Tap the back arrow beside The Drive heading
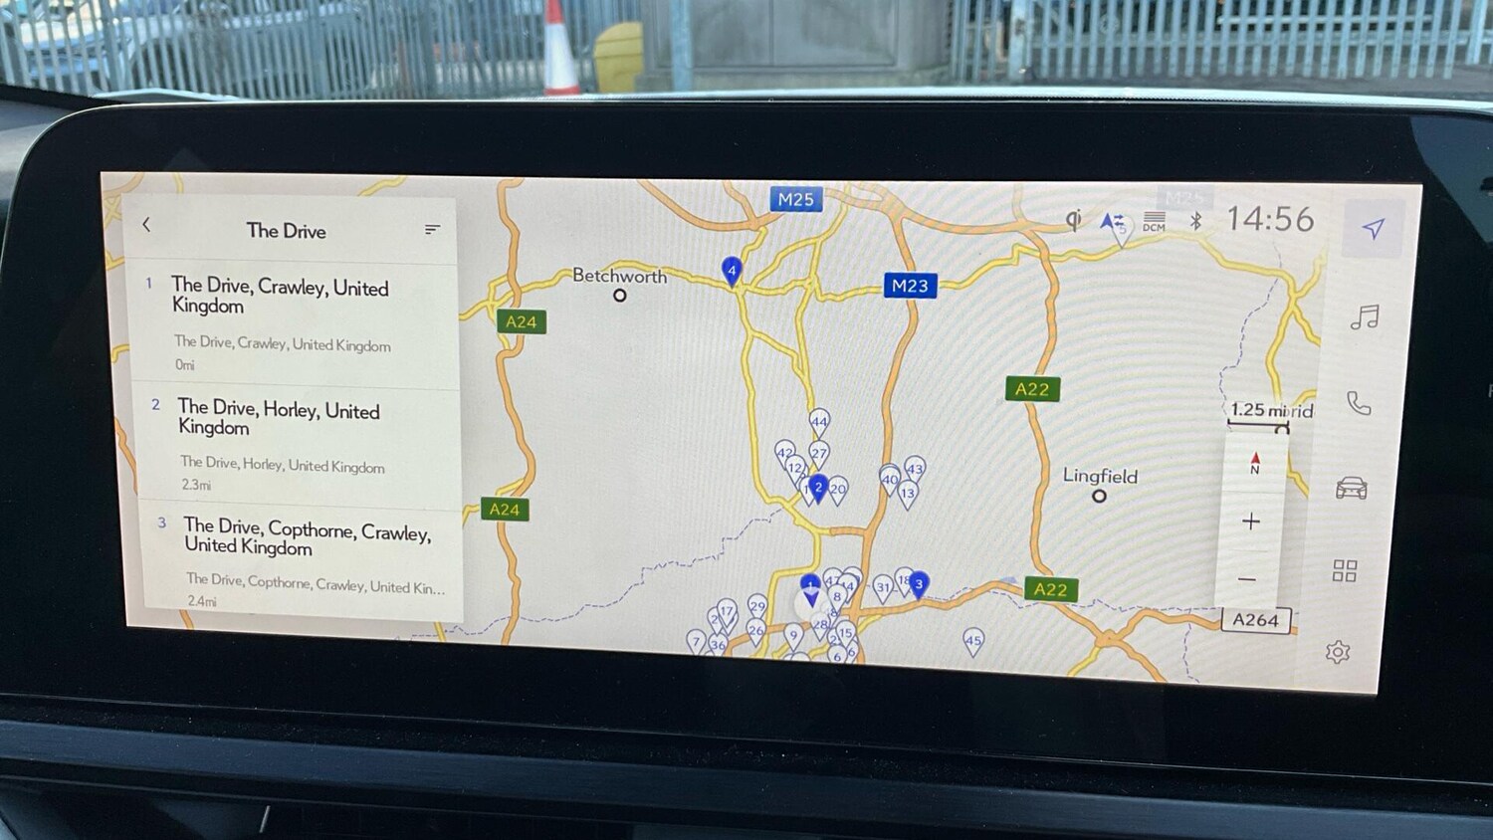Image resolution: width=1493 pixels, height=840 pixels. click(146, 225)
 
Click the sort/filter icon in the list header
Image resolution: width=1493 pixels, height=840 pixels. click(432, 230)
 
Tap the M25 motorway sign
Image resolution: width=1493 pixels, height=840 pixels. click(795, 199)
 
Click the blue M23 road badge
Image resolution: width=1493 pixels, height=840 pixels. click(910, 286)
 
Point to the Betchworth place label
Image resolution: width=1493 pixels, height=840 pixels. click(619, 277)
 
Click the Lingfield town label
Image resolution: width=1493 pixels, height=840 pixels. click(1100, 477)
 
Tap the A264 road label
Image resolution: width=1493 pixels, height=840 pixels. click(1255, 620)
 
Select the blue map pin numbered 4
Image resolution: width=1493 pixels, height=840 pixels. click(732, 271)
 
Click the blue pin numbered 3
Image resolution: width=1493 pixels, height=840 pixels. click(919, 584)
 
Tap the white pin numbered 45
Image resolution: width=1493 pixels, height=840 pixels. click(973, 641)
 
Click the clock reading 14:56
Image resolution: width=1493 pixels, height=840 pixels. click(1270, 219)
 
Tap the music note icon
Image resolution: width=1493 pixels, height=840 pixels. click(1365, 317)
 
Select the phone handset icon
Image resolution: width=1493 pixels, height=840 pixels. click(1359, 403)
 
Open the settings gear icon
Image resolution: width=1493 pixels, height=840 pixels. click(1338, 652)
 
